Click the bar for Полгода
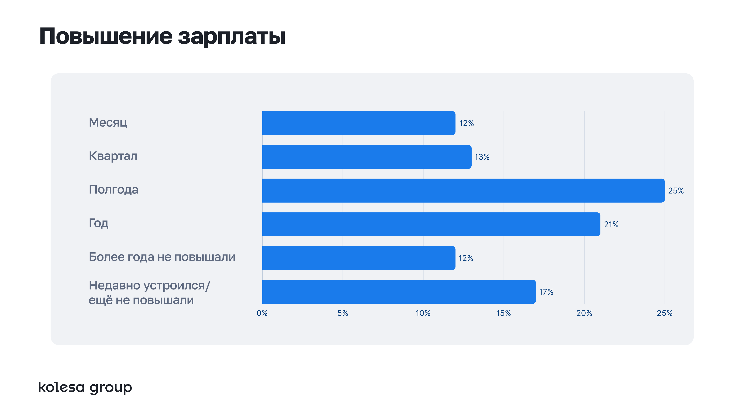tap(463, 190)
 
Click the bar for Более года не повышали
tap(358, 258)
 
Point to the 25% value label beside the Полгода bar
tap(676, 191)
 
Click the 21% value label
tap(611, 224)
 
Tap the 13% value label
tap(482, 157)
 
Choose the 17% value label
tap(546, 292)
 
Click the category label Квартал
tap(113, 156)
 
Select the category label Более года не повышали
tap(162, 257)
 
